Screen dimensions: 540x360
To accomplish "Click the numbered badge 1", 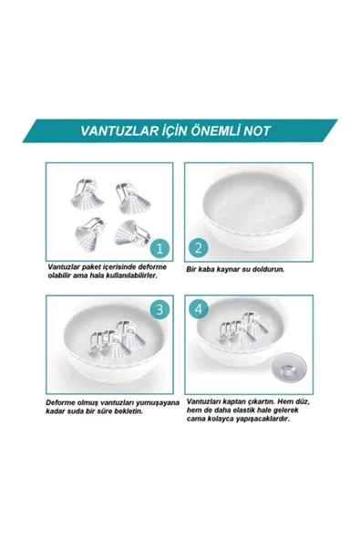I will (159, 247).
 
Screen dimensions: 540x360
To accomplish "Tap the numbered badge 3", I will (159, 311).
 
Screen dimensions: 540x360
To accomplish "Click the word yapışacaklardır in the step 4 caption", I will (265, 417).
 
